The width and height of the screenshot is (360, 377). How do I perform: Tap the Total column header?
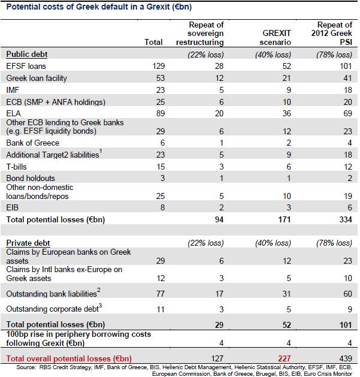[x=154, y=43]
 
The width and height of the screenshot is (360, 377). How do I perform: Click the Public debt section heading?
[x=26, y=53]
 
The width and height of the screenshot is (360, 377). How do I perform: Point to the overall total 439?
[x=343, y=358]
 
